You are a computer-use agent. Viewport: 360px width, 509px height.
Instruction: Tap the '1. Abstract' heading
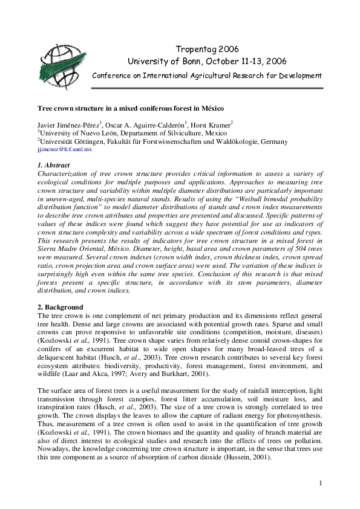53,165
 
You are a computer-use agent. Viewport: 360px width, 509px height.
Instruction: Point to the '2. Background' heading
59,307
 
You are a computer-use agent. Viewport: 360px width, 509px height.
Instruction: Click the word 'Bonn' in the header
191,61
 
